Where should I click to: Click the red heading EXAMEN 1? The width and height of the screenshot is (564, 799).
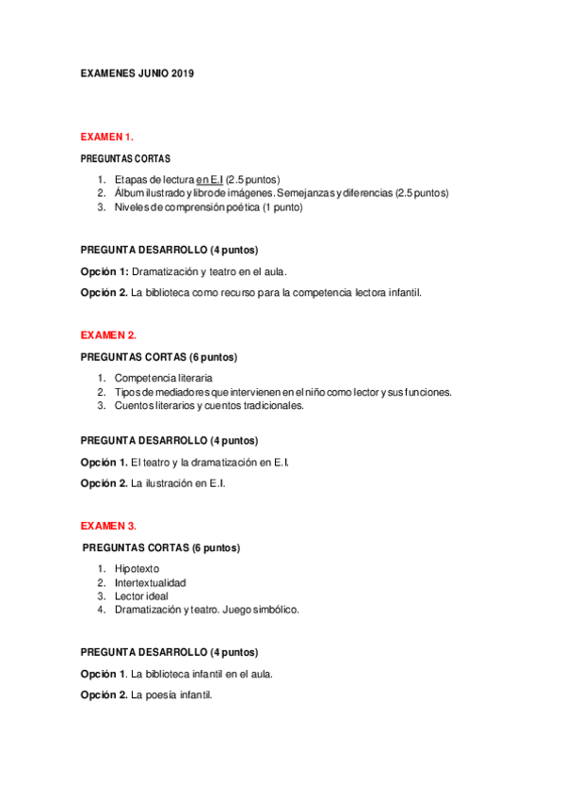[x=107, y=136]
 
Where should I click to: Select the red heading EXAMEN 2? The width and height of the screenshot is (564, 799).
[x=108, y=334]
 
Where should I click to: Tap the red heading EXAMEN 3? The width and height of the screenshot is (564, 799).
[x=108, y=525]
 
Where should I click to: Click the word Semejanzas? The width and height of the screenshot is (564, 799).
[x=306, y=193]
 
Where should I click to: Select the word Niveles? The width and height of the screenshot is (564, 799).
[x=133, y=207]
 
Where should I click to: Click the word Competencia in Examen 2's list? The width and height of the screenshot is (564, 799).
[x=143, y=378]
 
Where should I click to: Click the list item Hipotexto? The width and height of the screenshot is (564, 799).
[x=137, y=568]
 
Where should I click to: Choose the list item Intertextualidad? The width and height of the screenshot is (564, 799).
[x=151, y=582]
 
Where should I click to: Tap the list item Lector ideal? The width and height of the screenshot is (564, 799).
[x=141, y=596]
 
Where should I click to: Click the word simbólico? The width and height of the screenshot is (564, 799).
[x=274, y=610]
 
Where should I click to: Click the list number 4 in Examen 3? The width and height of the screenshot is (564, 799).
[x=100, y=610]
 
